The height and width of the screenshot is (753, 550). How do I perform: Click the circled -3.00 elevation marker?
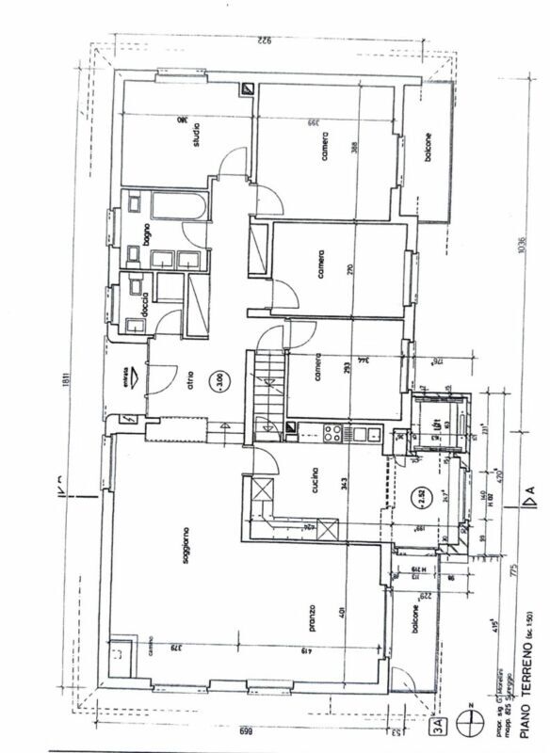(218, 381)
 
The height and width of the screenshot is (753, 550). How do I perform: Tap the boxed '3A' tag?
(438, 725)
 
